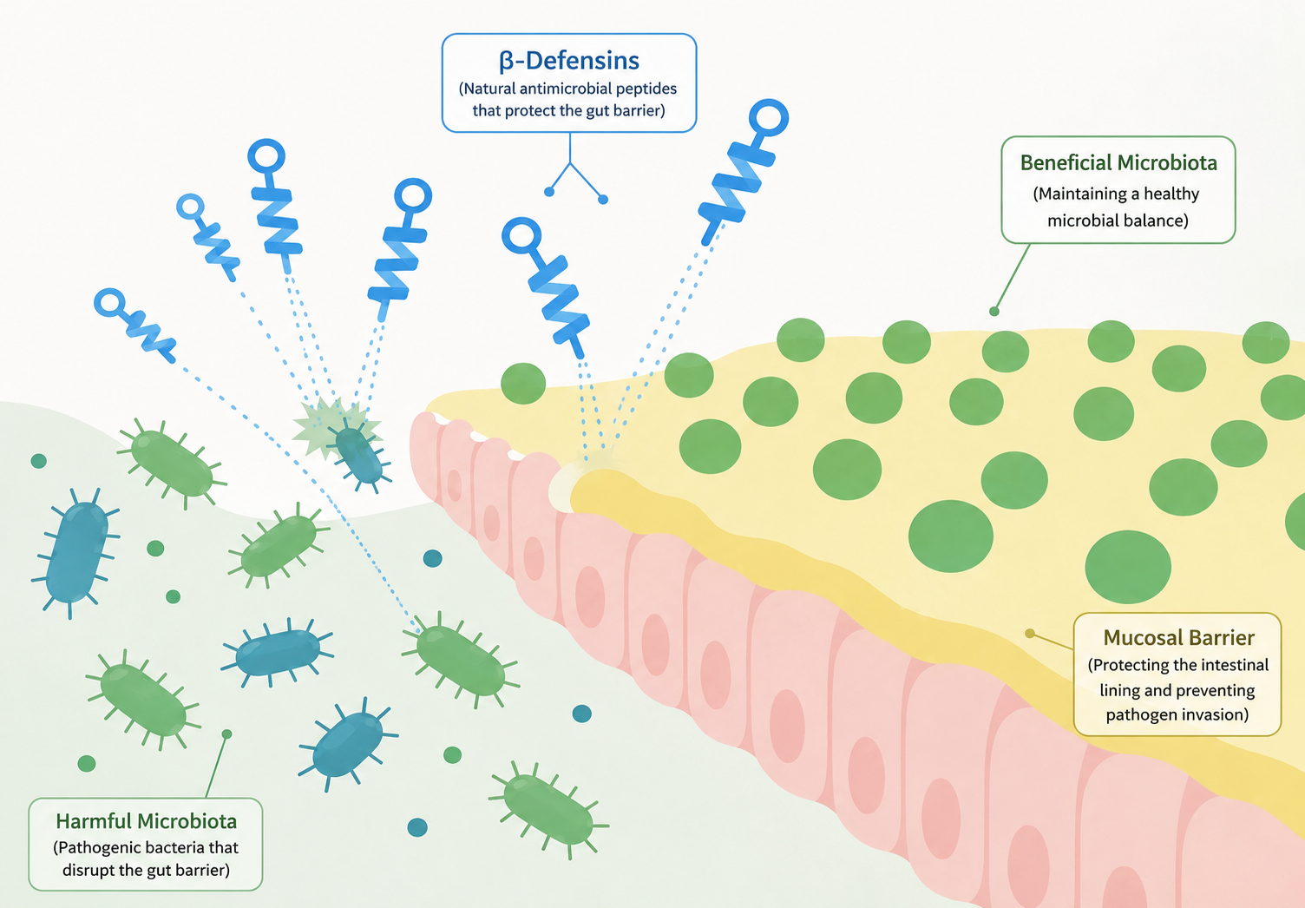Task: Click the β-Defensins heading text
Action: pyautogui.click(x=568, y=61)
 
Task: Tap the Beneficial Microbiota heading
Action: pyautogui.click(x=1118, y=162)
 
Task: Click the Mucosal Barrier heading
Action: pyautogui.click(x=1178, y=637)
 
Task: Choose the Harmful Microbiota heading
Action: pyautogui.click(x=147, y=821)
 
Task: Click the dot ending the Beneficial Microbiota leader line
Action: pyautogui.click(x=994, y=312)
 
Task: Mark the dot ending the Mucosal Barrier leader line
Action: pyautogui.click(x=1030, y=634)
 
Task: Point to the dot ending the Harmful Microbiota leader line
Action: pyautogui.click(x=227, y=734)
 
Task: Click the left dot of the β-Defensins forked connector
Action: pyautogui.click(x=548, y=192)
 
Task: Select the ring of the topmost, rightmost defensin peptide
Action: pyautogui.click(x=769, y=117)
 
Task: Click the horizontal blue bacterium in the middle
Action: pyautogui.click(x=278, y=653)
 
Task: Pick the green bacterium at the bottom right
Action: pyautogui.click(x=548, y=809)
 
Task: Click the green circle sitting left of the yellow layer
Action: pyautogui.click(x=523, y=384)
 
